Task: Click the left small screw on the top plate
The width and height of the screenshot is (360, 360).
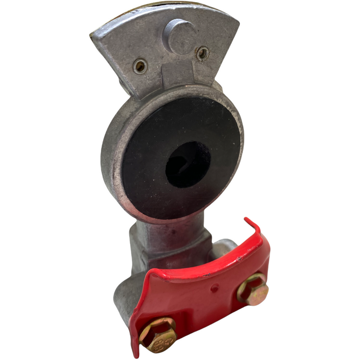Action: [140, 67]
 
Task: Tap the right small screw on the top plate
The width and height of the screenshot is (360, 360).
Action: [202, 54]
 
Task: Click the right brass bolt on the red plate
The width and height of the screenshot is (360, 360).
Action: [253, 289]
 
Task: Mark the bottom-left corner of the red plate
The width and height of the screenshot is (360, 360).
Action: [134, 344]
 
